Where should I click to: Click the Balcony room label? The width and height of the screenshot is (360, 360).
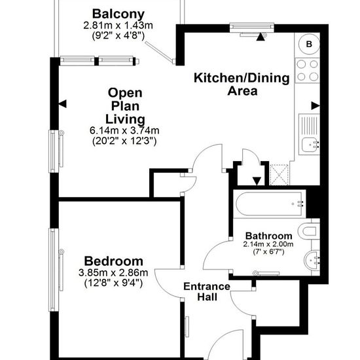tap(118, 14)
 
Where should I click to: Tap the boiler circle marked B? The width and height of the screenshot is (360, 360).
tap(309, 44)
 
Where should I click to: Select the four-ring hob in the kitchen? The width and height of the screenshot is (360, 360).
tap(308, 71)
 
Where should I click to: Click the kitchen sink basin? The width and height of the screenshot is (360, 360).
tap(310, 145)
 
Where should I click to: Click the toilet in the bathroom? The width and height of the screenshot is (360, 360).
tap(309, 231)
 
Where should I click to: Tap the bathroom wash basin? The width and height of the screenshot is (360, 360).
tap(312, 260)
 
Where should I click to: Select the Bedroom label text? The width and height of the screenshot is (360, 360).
tap(114, 261)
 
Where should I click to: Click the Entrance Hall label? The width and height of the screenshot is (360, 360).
tap(207, 291)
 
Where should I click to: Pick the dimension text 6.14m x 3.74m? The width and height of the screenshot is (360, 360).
tap(124, 131)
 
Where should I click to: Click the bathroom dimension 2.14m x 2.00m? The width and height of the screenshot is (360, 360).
tap(268, 244)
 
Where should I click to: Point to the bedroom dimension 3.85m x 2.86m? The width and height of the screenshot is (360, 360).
tap(113, 273)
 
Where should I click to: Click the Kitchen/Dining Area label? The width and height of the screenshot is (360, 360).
tap(242, 84)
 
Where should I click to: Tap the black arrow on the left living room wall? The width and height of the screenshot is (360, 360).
tap(62, 104)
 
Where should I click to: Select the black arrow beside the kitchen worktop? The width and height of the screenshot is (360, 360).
tap(315, 106)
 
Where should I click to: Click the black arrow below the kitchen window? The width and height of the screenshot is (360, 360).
tap(261, 37)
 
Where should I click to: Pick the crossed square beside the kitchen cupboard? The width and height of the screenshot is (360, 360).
tap(279, 175)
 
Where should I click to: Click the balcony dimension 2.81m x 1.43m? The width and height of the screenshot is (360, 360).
tap(118, 26)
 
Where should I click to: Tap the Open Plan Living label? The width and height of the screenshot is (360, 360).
tap(125, 106)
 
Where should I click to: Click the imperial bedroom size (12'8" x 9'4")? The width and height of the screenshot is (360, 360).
tap(113, 283)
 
